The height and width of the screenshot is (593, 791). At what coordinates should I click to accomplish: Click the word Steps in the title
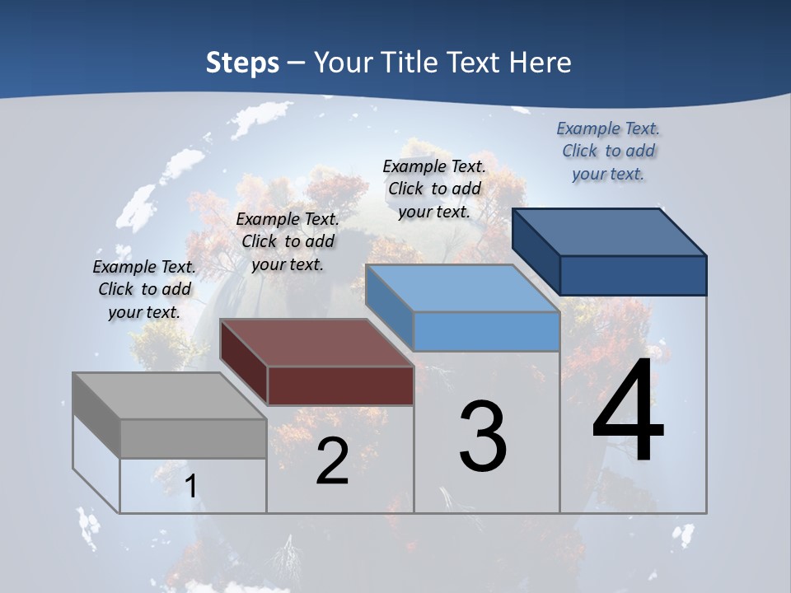[x=242, y=63]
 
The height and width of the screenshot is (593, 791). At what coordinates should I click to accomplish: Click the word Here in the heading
[x=541, y=63]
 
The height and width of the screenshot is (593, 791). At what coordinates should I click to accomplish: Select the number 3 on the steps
[x=483, y=437]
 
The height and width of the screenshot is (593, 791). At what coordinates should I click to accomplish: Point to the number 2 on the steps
[x=332, y=461]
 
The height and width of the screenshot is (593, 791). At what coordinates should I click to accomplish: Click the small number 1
[x=191, y=486]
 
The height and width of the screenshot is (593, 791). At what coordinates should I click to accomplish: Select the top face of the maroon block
[x=316, y=343]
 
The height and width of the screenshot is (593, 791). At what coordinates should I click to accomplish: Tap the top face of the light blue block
[x=461, y=288]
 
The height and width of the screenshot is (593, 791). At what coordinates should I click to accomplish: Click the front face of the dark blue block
[x=633, y=275]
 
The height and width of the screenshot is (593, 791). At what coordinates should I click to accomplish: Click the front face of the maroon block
[x=340, y=385]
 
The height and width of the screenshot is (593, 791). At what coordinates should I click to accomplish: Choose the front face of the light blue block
[x=486, y=331]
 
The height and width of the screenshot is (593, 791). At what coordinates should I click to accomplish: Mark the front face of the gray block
[x=193, y=438]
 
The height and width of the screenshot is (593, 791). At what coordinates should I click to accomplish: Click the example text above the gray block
[x=144, y=289]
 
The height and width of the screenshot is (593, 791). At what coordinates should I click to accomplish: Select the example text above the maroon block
[x=288, y=241]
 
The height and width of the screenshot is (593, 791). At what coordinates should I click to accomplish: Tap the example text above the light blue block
[x=434, y=189]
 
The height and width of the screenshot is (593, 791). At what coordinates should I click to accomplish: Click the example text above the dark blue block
[x=608, y=151]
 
